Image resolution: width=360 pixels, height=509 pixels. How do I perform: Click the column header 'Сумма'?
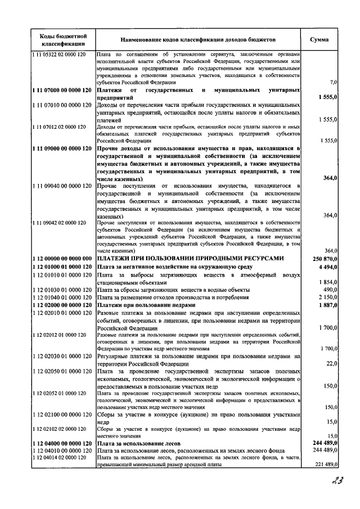pos(323,40)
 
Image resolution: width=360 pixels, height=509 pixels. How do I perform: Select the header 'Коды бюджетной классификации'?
pos(62,40)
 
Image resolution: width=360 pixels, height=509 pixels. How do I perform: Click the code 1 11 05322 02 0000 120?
pos(58,53)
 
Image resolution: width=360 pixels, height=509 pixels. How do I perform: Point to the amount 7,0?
pos(333,83)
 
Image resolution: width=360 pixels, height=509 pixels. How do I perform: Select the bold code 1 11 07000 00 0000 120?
pos(62,90)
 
